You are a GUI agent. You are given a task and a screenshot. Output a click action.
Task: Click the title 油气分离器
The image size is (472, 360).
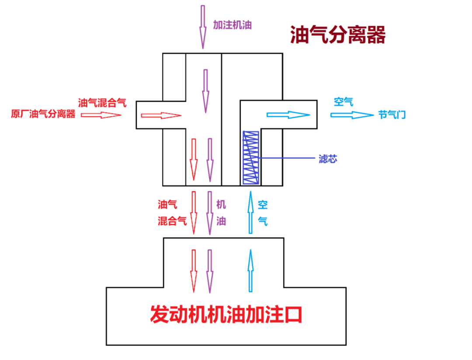(338, 35)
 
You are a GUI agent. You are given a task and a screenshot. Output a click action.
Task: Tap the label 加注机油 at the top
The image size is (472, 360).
(232, 24)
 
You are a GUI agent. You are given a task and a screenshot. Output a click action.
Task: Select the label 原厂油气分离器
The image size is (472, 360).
(43, 114)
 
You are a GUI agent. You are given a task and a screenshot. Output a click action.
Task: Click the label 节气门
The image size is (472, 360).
(392, 115)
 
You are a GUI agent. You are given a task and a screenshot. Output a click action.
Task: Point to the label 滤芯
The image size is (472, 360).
(328, 159)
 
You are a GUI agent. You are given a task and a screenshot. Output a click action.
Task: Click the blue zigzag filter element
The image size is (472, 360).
(251, 157)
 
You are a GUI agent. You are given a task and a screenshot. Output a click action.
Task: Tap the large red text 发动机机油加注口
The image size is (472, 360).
(226, 314)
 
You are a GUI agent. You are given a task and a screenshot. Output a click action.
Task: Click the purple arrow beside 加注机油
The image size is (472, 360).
(203, 26)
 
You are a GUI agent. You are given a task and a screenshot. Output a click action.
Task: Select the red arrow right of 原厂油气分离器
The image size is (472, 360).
(101, 115)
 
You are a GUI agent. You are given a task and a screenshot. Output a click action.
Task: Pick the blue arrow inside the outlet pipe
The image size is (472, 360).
(288, 115)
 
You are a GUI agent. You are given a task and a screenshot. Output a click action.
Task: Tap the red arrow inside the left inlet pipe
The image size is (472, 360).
(161, 115)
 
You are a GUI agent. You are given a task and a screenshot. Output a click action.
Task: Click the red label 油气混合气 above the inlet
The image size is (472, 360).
(102, 103)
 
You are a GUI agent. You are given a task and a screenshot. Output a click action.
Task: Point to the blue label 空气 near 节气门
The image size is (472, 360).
(343, 102)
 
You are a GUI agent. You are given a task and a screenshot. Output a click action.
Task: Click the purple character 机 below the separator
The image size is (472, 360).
(221, 204)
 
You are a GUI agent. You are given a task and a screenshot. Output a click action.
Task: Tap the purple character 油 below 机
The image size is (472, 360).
(221, 221)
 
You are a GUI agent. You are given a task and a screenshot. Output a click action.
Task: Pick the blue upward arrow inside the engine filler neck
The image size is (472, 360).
(250, 270)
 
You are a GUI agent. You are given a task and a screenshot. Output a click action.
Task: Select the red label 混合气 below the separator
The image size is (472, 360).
(172, 221)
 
